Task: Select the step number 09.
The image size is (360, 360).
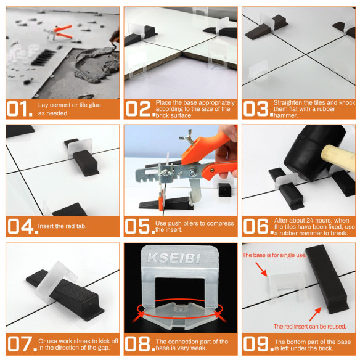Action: tap(255, 344)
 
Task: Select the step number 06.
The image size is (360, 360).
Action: tap(255, 226)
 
